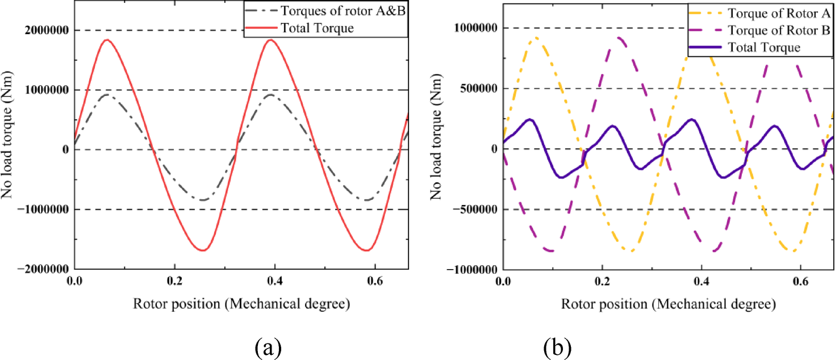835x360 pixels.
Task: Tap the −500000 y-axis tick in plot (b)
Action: pos(474,210)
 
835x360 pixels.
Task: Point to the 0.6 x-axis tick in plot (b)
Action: pos(800,281)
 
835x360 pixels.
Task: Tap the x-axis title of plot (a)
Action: pos(241,304)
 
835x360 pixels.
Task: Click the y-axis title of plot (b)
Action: pos(436,136)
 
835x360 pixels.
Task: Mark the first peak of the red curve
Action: pos(106,40)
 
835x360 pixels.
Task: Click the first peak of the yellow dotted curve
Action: pos(536,38)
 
